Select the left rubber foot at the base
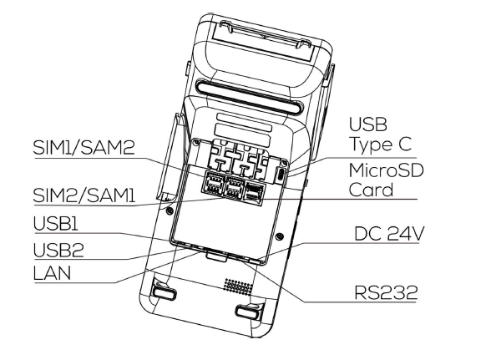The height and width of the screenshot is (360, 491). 165,294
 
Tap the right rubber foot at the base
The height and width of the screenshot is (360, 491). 246,312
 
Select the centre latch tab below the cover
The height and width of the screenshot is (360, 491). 215,255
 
